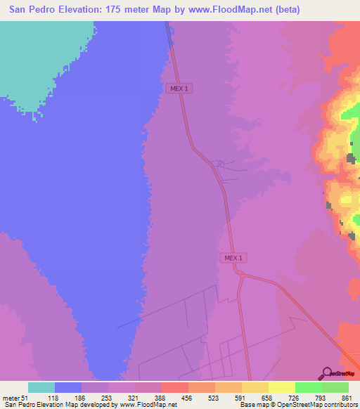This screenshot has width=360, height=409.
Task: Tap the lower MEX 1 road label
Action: click(x=233, y=258)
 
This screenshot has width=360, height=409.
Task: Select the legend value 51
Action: click(x=25, y=398)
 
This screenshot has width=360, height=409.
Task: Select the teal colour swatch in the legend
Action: click(x=41, y=387)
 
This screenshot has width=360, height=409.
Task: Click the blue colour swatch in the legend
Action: click(x=68, y=387)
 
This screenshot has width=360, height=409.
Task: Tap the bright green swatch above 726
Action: click(x=308, y=387)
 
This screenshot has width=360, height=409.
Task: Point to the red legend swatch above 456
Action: click(x=175, y=387)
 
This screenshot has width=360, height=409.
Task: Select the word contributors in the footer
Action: click(x=337, y=405)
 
